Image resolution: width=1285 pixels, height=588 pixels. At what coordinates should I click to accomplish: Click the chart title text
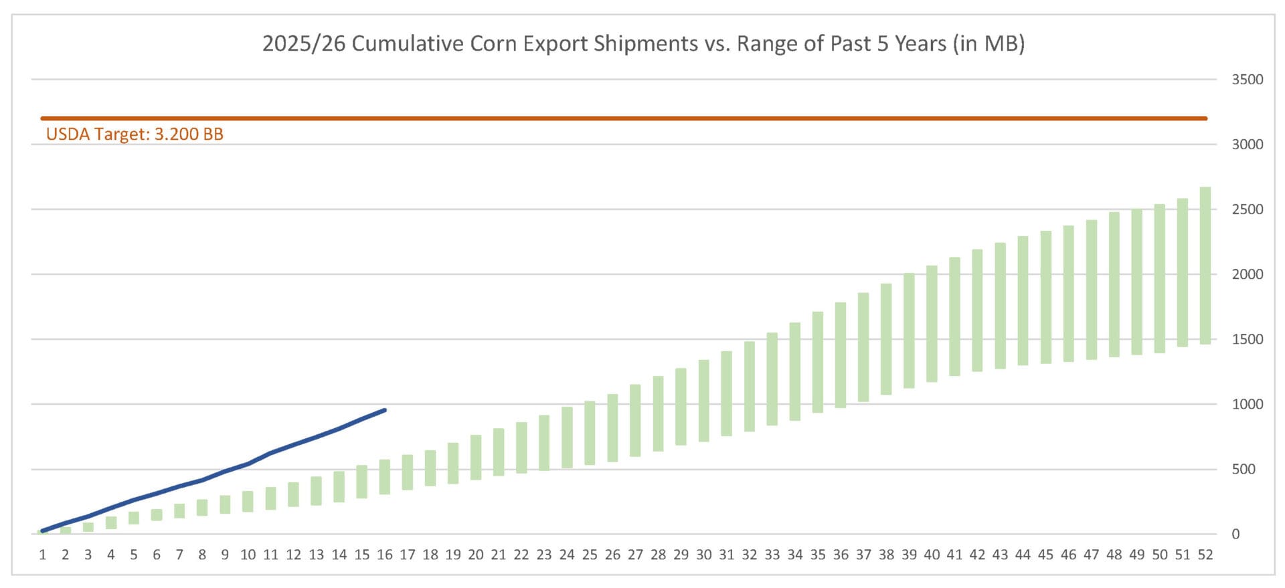(642, 43)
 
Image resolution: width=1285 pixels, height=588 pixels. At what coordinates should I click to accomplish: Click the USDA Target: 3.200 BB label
(135, 134)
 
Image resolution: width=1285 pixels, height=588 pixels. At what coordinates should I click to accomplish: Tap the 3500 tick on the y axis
(1247, 80)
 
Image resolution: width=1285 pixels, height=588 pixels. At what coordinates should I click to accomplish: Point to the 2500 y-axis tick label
(1247, 209)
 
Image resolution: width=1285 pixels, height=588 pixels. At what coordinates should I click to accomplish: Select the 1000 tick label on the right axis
(1247, 404)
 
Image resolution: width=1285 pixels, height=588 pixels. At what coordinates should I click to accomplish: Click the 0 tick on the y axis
(1235, 534)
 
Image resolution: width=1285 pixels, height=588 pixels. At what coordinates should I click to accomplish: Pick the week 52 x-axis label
(1205, 555)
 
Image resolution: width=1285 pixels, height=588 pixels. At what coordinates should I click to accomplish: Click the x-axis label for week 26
(612, 555)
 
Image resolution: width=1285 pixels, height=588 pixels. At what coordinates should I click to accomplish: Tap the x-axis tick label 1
(43, 555)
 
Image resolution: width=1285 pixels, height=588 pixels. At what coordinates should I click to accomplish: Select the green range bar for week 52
(1205, 266)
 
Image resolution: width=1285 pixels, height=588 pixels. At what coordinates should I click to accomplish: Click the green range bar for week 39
(909, 330)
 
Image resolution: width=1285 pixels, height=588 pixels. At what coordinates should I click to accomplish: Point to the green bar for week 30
(703, 401)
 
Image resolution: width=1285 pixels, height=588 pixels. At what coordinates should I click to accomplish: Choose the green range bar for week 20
(476, 458)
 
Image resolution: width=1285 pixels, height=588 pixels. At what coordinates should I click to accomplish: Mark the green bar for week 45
(1045, 297)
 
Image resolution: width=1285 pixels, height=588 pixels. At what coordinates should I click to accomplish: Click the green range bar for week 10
(248, 502)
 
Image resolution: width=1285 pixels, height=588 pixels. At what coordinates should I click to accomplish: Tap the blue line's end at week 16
(385, 410)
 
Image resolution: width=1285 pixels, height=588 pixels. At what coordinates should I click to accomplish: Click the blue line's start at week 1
(43, 531)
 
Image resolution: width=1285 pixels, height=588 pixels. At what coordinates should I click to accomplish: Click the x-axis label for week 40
(932, 555)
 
